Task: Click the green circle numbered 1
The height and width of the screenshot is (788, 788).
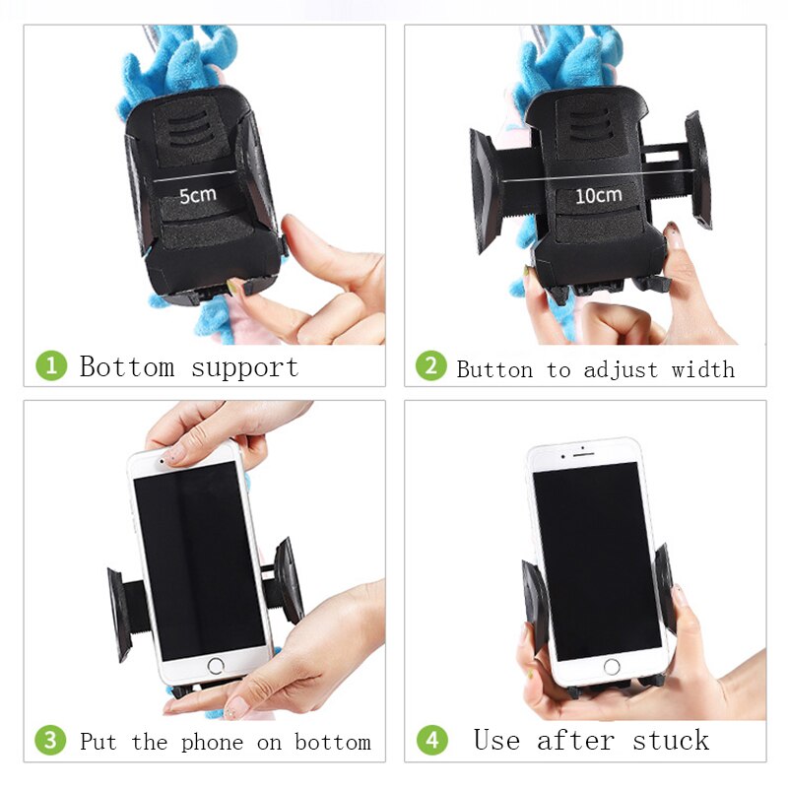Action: coord(51,366)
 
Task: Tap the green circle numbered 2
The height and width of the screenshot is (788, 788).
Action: coord(430,366)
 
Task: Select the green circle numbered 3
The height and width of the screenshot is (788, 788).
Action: coord(51,741)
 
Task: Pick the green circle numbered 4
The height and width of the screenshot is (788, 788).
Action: coord(431,741)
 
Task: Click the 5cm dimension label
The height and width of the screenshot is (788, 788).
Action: coord(197,194)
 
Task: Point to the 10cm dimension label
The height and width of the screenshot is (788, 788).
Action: coord(598,195)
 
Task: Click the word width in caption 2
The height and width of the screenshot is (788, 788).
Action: coord(703,369)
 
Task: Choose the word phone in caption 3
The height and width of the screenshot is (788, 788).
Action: coord(216,742)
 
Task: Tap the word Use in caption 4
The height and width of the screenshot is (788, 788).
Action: coord(496,740)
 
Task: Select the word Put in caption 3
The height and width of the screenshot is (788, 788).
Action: coord(98,742)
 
